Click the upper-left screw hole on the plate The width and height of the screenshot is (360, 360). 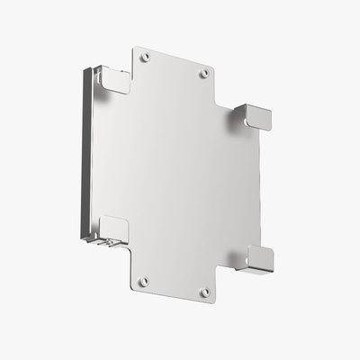tap(146, 57)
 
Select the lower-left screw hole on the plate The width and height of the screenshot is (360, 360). tap(143, 282)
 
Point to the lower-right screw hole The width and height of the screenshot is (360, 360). tap(204, 292)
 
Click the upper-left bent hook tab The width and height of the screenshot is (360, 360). tap(113, 79)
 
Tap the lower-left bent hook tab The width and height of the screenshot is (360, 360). tap(113, 229)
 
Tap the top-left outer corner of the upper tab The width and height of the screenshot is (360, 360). tap(133, 48)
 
